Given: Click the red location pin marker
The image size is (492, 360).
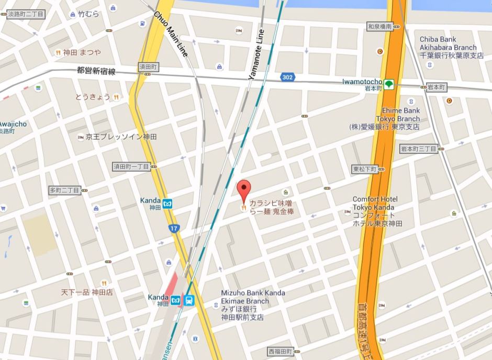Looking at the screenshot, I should (243, 189).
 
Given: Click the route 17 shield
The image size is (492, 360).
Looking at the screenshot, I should (173, 228).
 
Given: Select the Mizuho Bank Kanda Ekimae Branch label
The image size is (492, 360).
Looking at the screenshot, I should (253, 305).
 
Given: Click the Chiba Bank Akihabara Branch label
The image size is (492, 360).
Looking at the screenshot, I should (451, 48).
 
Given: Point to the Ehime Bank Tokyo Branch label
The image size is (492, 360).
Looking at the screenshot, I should (400, 119).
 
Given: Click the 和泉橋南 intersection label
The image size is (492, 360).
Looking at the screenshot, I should (379, 26).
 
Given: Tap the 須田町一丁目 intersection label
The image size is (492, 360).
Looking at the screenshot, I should (131, 166).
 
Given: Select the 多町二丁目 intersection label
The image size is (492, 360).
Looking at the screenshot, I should (64, 190).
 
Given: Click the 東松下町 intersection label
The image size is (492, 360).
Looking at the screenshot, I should (364, 169).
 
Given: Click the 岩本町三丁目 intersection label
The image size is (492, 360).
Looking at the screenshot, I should (418, 149).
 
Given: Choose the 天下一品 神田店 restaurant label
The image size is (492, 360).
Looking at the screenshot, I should (87, 292).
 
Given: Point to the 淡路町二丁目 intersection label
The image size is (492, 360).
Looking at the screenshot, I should (26, 14).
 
